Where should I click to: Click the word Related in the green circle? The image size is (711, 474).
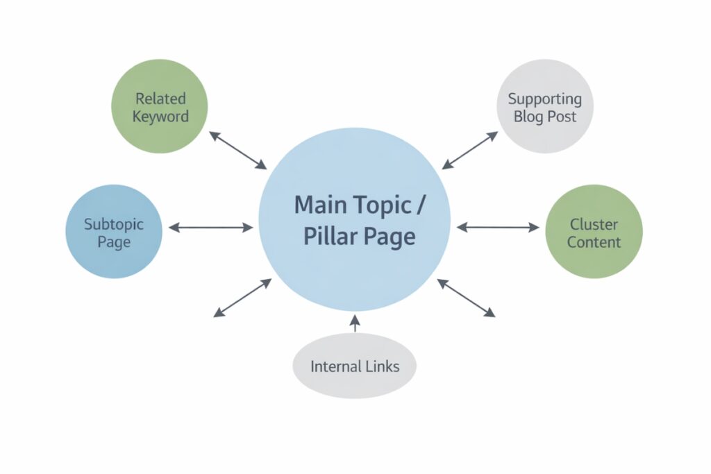[x=160, y=98]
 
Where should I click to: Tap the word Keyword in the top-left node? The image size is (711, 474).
[x=160, y=116]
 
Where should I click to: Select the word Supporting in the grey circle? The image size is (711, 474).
[x=545, y=99]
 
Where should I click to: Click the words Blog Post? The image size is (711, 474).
[x=545, y=117]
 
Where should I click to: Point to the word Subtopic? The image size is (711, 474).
[x=113, y=223]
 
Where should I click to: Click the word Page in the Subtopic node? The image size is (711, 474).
[x=113, y=242]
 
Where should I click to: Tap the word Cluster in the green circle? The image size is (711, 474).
[x=594, y=223]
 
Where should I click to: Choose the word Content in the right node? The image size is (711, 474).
[x=594, y=242]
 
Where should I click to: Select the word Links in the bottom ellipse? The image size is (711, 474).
[x=380, y=366]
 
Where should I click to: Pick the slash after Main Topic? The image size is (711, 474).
[x=423, y=205]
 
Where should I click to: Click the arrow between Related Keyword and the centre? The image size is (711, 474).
[x=238, y=150]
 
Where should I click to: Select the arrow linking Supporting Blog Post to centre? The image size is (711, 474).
[x=470, y=150]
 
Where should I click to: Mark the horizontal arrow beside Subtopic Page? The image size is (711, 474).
[x=211, y=227]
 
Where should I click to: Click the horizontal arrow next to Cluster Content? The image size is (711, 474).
[x=498, y=227]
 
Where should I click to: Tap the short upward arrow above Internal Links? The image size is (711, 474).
[x=355, y=323]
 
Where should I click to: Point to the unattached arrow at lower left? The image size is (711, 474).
[x=242, y=298]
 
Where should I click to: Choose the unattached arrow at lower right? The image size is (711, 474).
[x=466, y=298]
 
